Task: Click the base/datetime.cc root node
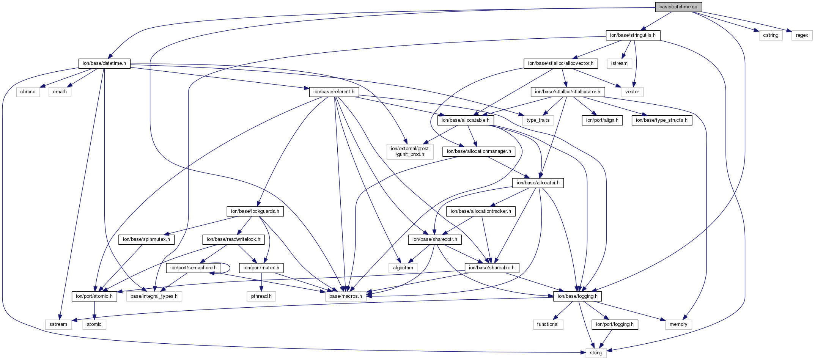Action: (x=678, y=7)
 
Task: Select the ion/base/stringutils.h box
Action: (x=632, y=35)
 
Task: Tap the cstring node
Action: (x=771, y=35)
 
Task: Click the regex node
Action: (x=802, y=35)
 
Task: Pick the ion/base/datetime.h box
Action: (x=104, y=63)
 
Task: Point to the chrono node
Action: (x=28, y=92)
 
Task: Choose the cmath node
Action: (x=60, y=92)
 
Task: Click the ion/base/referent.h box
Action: (x=334, y=92)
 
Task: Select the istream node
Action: (x=619, y=63)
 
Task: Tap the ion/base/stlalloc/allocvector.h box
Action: (x=560, y=63)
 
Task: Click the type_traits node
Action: (x=538, y=120)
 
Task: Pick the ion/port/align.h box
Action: (x=602, y=120)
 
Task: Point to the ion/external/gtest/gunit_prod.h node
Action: (x=410, y=151)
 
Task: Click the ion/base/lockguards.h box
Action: (x=255, y=211)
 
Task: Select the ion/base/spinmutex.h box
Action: (x=146, y=239)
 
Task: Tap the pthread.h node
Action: (x=261, y=296)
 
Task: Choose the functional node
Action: (x=548, y=324)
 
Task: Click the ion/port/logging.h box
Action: (x=615, y=324)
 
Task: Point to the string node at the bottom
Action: (x=596, y=353)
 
